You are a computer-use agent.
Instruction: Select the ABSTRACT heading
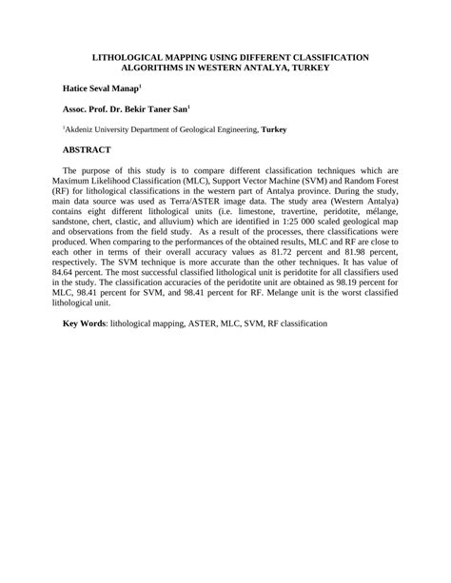click(x=88, y=150)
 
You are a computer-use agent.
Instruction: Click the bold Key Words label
click(x=85, y=323)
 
